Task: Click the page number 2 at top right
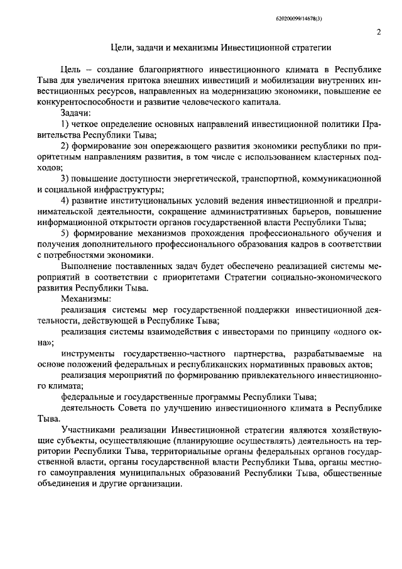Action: pyautogui.click(x=379, y=33)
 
